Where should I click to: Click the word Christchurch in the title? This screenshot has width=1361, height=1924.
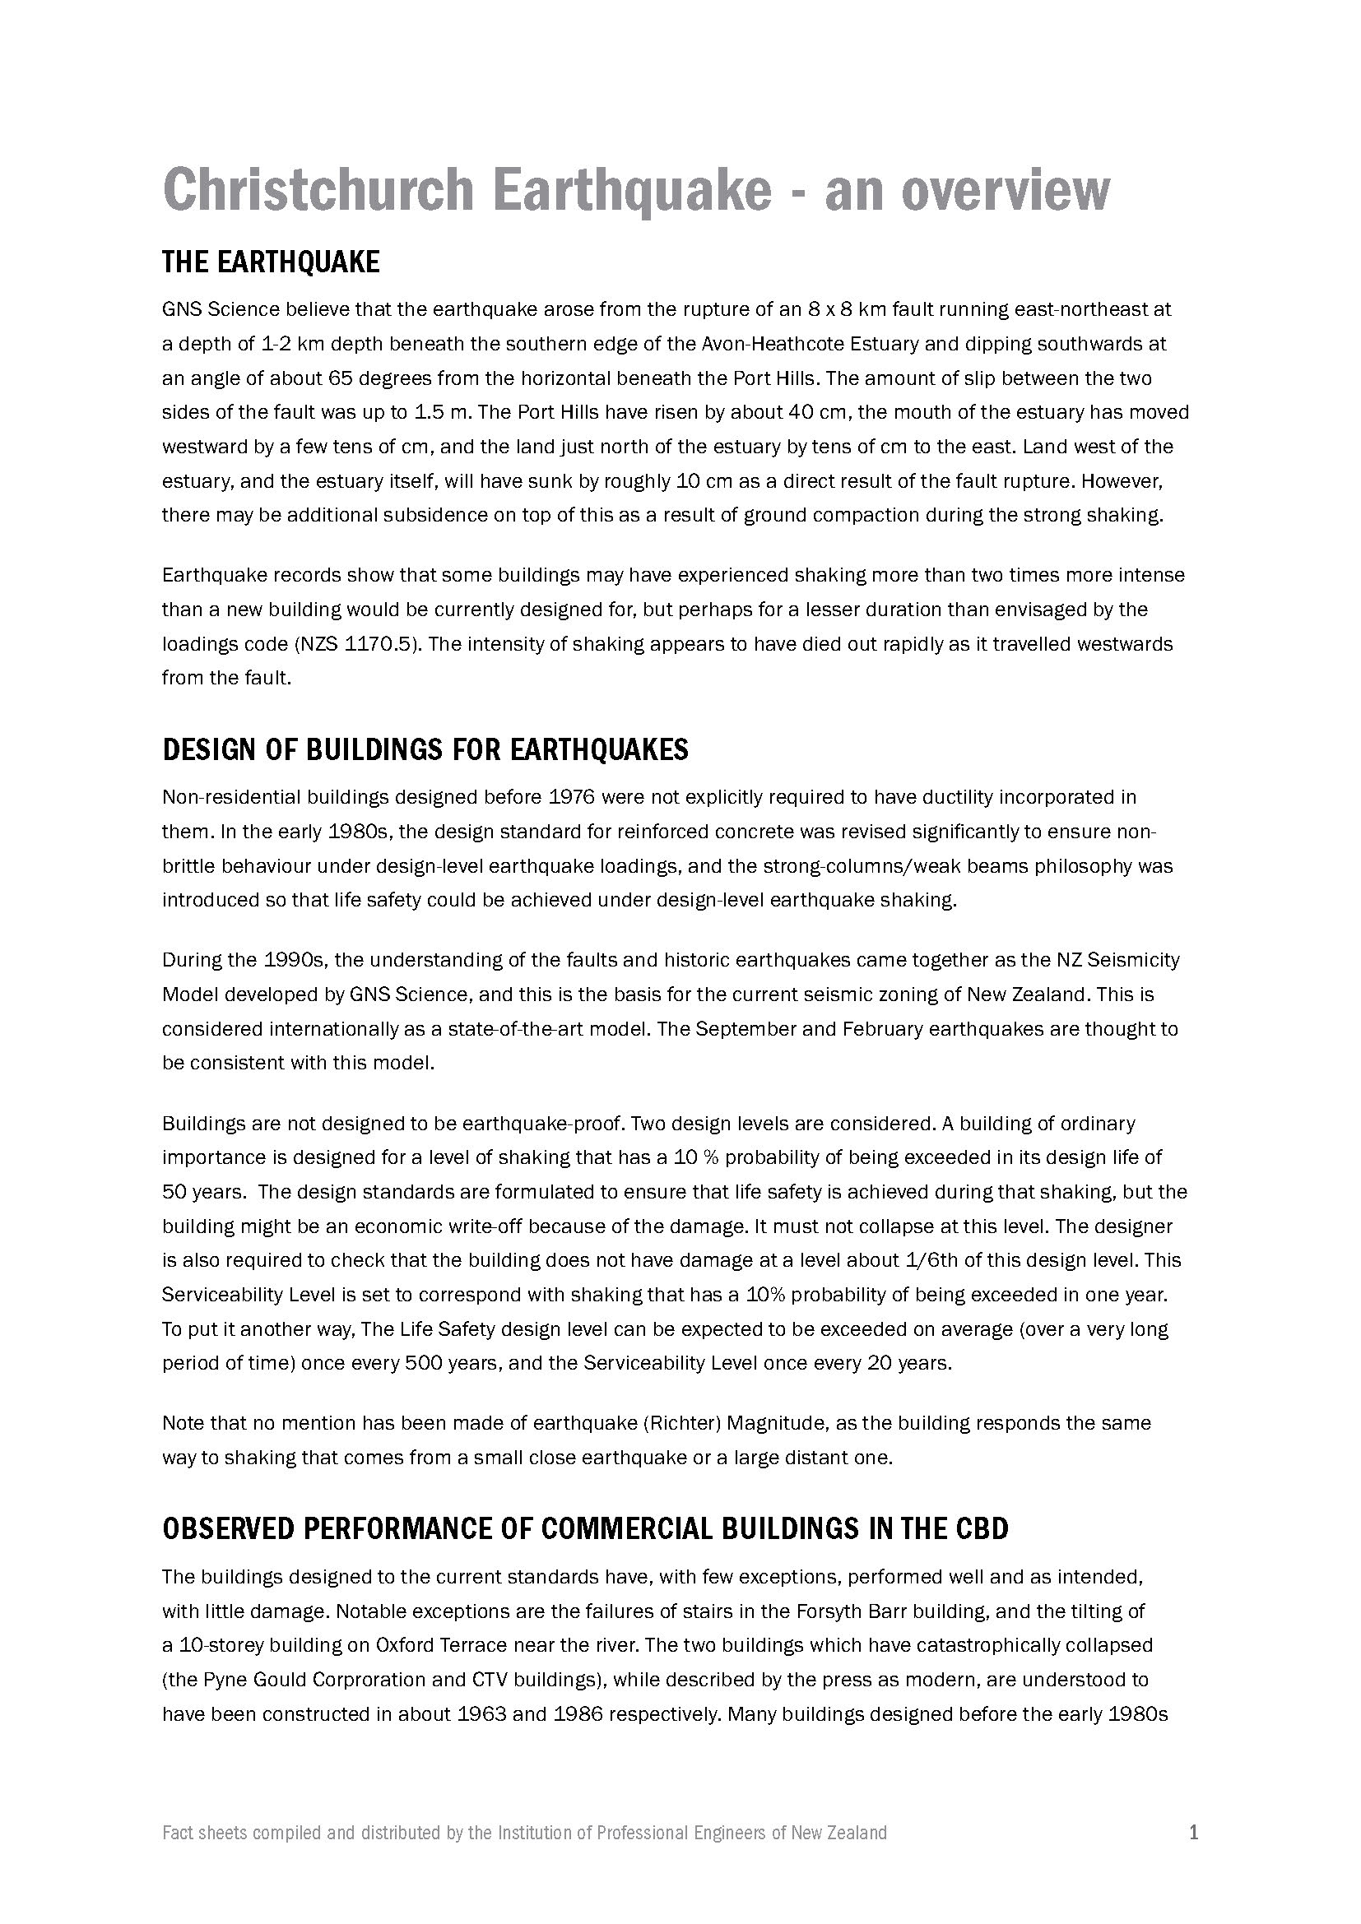click(318, 190)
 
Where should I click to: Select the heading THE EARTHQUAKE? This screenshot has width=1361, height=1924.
click(271, 262)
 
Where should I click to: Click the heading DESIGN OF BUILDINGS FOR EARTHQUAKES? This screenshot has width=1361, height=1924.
click(425, 749)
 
